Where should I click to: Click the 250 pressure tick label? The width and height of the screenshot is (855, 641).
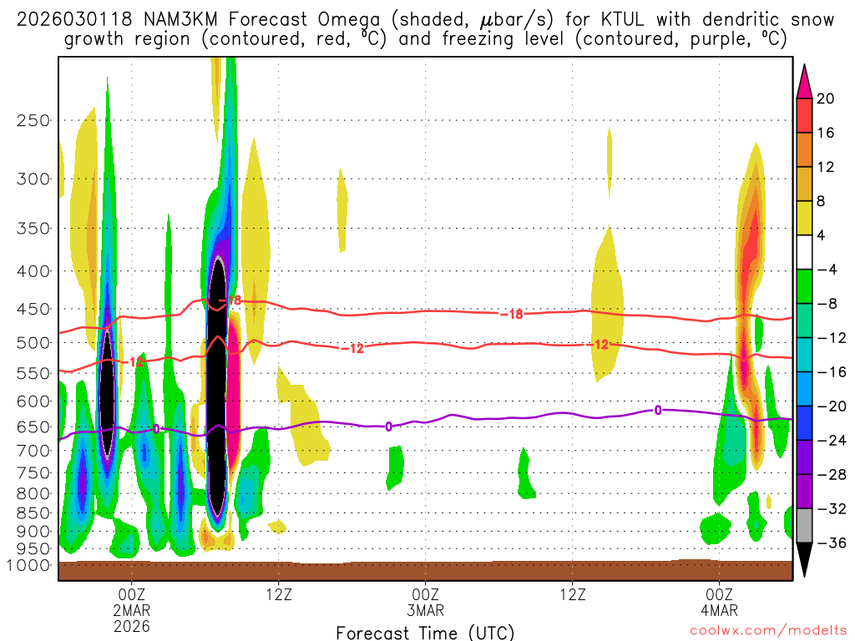coord(33,120)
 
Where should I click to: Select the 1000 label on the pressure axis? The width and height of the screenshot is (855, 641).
coord(29,565)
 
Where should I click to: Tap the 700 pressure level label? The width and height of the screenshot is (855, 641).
coord(33,451)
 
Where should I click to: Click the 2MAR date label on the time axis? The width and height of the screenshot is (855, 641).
coord(132,609)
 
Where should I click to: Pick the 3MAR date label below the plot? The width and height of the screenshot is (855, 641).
coord(426,609)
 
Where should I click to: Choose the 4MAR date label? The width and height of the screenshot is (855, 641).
coord(720,609)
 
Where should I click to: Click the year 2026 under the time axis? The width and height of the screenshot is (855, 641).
coord(132,625)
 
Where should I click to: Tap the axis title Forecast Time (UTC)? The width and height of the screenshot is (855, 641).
coord(425,632)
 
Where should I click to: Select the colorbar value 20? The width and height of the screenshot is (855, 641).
coord(826,98)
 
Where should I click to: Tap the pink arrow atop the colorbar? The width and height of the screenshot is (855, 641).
coord(805,80)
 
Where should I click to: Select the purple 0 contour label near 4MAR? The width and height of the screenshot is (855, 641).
coord(658,410)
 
